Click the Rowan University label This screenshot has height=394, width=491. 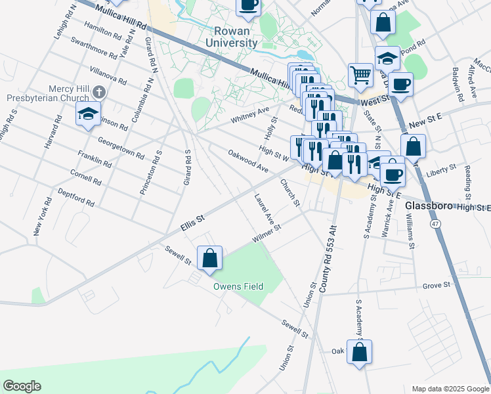[x=236, y=37]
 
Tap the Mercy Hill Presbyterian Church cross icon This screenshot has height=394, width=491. [x=98, y=92]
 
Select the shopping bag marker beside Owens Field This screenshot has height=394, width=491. [x=209, y=258]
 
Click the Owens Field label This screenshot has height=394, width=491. [x=238, y=286]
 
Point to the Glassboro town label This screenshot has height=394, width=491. [x=429, y=206]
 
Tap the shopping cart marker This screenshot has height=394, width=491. [x=360, y=75]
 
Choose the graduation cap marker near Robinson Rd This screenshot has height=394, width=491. [x=89, y=114]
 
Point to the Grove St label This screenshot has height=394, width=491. [x=437, y=285]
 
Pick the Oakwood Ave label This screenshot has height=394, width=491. [x=248, y=161]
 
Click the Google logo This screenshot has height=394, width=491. [x=22, y=386]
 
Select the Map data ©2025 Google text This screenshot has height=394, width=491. [x=450, y=389]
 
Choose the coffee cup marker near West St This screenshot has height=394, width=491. [x=400, y=85]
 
